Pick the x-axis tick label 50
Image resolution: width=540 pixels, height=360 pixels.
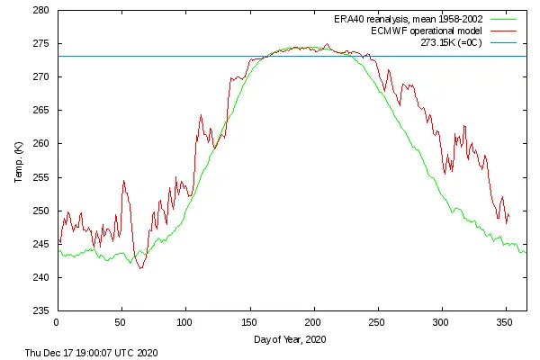tap(121, 321)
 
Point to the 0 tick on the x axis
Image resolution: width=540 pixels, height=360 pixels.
tap(57, 321)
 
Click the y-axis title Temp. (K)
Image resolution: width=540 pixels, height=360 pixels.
tap(18, 161)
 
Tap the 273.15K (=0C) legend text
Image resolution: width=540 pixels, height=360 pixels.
tap(448, 41)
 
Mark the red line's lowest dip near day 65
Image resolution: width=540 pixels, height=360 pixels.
tap(139, 268)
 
